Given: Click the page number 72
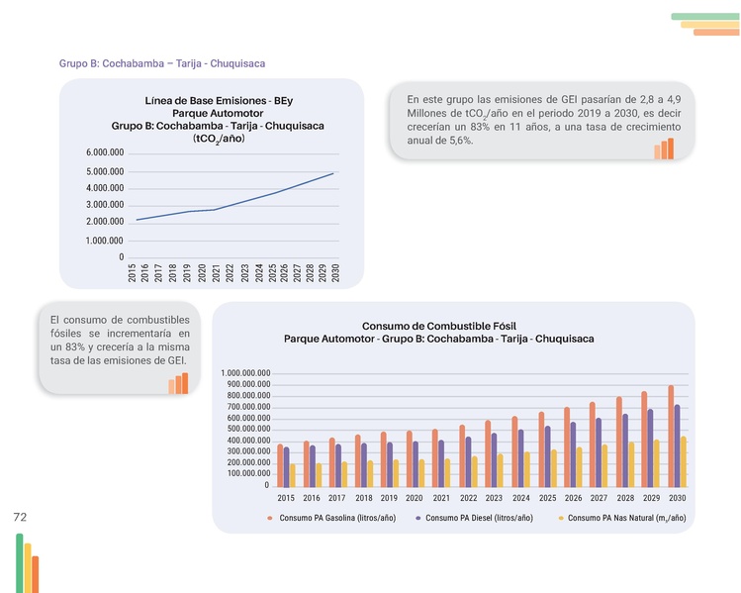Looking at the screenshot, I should click(20, 518).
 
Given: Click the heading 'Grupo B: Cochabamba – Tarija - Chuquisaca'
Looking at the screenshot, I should click(162, 63).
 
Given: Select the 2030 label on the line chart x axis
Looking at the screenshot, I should click(336, 274).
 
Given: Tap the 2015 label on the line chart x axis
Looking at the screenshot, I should click(133, 274).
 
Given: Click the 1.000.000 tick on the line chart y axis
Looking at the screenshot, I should click(104, 241).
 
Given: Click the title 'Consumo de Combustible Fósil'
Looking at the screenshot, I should click(439, 326).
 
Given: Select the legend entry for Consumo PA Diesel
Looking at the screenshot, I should click(479, 518).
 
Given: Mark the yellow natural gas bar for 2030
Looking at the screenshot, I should click(684, 461).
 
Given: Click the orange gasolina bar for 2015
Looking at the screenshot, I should click(280, 465).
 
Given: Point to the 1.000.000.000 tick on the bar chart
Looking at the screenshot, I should click(246, 373).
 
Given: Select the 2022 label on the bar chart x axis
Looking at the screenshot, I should click(468, 498).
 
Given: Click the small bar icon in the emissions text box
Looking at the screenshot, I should click(663, 148).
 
